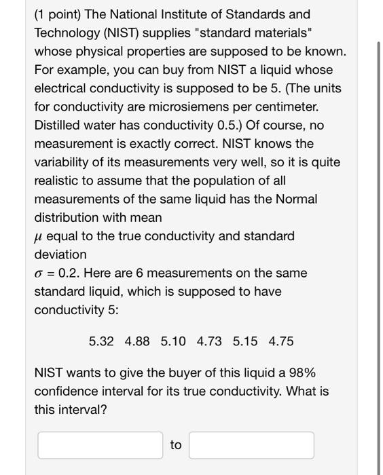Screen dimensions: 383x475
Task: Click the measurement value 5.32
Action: coord(101,341)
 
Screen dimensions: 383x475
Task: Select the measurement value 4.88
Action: coord(137,341)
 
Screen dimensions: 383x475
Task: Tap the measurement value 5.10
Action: coord(173,341)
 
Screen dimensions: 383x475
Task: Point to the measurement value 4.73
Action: coord(209,341)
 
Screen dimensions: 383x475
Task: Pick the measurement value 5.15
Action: coord(245,341)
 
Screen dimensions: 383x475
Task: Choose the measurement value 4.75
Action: coord(281,341)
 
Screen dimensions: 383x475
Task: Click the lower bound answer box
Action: coord(101,445)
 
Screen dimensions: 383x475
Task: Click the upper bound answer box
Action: coord(251,445)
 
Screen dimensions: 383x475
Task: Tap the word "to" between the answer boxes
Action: coord(176,445)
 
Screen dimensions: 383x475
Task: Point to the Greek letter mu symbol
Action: coord(39,237)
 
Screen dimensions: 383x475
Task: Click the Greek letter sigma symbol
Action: coord(39,273)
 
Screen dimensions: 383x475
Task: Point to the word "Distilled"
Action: coord(59,126)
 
